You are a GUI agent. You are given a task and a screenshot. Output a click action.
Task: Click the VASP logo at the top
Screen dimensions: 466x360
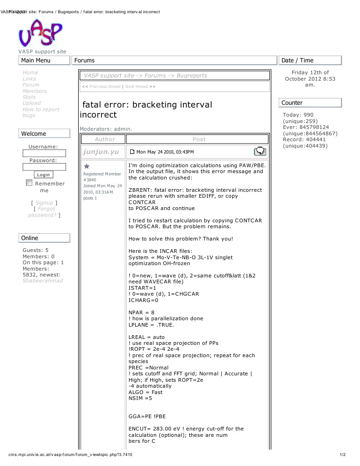pos(40,33)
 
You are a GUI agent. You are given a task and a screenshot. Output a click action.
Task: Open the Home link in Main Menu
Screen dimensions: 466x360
pos(30,72)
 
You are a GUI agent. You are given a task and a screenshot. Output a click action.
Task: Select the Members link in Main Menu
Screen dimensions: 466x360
pos(35,91)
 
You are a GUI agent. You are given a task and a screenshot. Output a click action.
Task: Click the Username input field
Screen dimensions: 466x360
pos(44,154)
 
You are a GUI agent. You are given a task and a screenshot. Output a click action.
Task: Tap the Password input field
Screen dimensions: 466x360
pos(44,167)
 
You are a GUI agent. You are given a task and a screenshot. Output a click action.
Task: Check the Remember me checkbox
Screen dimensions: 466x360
pos(29,183)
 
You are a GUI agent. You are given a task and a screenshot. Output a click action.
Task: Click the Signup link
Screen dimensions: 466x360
pos(44,203)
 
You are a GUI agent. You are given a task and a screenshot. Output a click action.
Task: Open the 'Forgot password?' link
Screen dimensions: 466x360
pos(43,212)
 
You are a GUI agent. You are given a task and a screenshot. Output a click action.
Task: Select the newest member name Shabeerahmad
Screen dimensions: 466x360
pos(43,281)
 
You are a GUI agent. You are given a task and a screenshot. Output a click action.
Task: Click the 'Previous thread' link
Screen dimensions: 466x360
pos(105,87)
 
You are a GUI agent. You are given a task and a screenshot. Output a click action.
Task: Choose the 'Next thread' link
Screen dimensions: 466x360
pos(136,87)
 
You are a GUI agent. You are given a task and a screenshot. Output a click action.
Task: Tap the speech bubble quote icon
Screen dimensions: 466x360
pos(260,151)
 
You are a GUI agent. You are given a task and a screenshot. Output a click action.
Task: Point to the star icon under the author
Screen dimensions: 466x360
pos(87,167)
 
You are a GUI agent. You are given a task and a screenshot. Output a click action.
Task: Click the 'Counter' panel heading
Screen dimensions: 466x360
pos(292,103)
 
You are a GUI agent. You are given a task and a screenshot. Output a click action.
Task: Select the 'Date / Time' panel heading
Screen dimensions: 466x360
pos(297,60)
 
